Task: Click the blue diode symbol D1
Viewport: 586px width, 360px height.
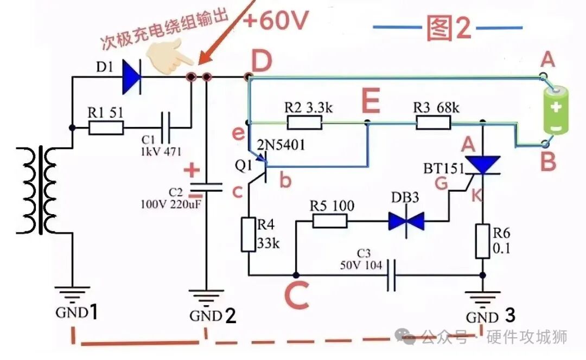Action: tap(131, 77)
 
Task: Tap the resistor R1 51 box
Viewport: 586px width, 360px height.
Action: tap(106, 128)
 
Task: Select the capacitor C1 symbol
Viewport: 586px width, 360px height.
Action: tap(165, 127)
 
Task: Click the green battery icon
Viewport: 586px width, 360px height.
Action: tap(556, 109)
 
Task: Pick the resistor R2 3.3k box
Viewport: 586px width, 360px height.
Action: tap(304, 123)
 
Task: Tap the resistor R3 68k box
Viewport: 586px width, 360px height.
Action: tap(433, 122)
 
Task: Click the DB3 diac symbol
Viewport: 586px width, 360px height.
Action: tap(406, 221)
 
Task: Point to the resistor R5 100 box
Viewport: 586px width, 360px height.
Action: tap(330, 221)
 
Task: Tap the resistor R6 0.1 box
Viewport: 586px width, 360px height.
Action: tap(482, 241)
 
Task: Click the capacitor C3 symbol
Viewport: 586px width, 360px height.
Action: tap(391, 275)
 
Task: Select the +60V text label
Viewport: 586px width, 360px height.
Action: tap(276, 20)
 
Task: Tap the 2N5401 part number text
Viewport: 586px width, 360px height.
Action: tap(281, 145)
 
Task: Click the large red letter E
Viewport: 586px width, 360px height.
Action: tap(371, 100)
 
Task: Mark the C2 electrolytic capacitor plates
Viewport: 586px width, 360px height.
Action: tap(206, 188)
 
